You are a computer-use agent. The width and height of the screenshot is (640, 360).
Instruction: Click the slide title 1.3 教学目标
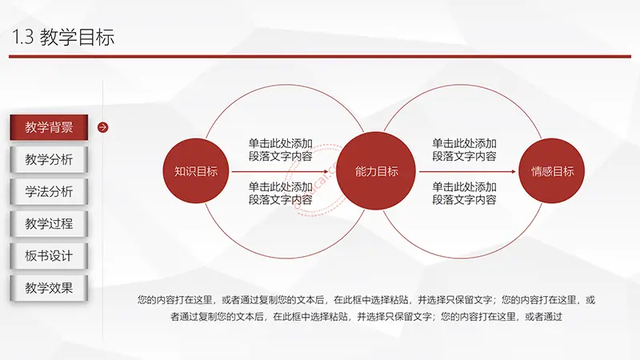[x=63, y=37]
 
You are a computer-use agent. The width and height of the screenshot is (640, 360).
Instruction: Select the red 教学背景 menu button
[x=49, y=127]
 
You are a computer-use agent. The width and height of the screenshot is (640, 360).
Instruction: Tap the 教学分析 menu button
[x=49, y=159]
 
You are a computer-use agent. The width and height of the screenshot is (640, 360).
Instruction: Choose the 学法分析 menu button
[x=49, y=191]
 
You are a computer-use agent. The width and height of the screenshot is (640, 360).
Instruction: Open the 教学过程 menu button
[x=49, y=224]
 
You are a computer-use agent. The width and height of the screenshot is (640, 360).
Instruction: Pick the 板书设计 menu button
[x=49, y=256]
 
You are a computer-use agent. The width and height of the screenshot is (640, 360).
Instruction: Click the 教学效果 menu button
[x=49, y=288]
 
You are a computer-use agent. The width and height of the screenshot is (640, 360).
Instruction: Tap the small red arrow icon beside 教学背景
[x=103, y=127]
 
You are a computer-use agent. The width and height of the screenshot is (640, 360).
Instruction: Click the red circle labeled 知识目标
[x=196, y=171]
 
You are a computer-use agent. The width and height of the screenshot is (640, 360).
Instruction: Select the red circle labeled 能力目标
[x=376, y=171]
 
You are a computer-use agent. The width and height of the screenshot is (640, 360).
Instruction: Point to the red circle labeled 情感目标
[x=552, y=171]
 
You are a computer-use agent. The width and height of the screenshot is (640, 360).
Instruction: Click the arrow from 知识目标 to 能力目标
[x=280, y=171]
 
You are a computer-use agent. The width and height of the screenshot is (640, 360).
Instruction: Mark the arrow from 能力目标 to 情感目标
[x=467, y=171]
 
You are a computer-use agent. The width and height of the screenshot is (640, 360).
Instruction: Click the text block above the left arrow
[x=281, y=150]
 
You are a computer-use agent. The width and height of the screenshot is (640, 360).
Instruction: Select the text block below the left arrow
[x=281, y=194]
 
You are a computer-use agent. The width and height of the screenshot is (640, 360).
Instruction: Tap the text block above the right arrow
[x=464, y=150]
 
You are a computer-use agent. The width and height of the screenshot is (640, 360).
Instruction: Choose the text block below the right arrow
[x=464, y=194]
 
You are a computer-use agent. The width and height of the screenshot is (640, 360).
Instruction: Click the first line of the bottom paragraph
[x=366, y=300]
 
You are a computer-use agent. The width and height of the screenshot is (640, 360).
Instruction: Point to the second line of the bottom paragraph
[x=366, y=316]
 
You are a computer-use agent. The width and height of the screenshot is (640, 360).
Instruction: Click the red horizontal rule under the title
[x=320, y=56]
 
